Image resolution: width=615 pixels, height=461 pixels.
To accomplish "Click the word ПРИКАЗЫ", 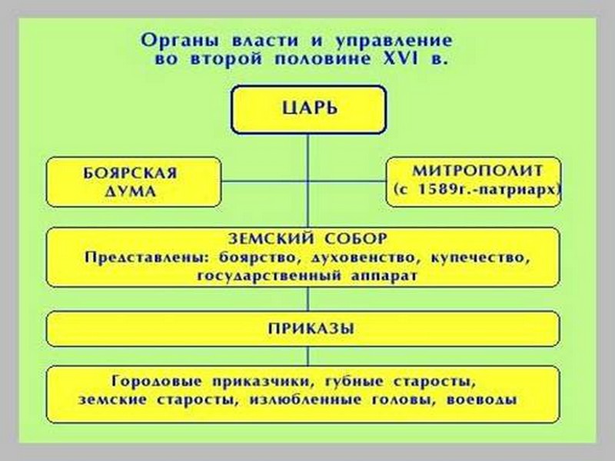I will pyautogui.click(x=307, y=329).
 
